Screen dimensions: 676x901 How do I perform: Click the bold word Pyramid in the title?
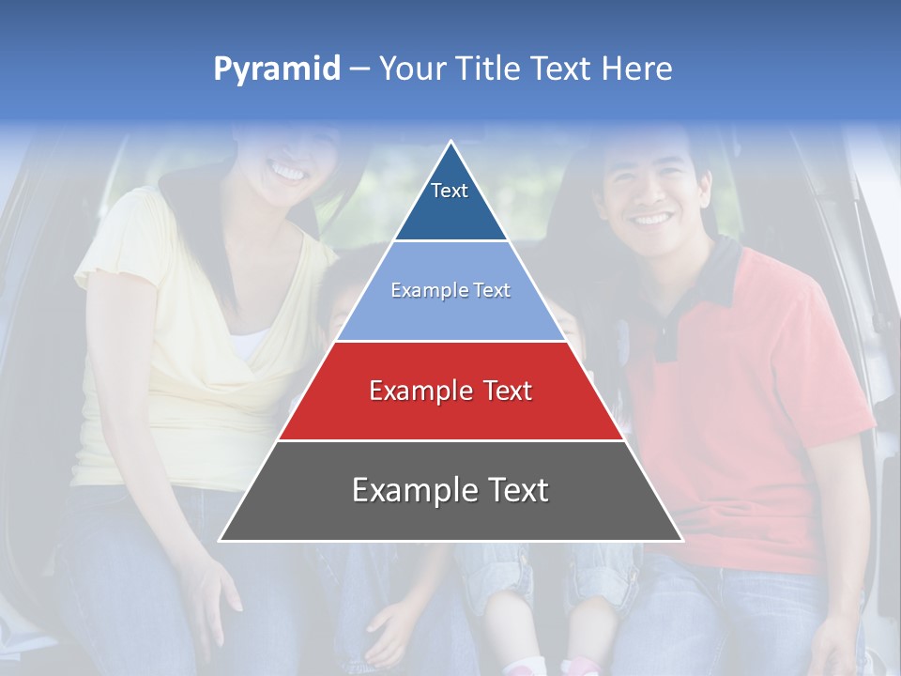click(277, 69)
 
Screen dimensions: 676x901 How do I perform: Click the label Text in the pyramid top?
click(450, 191)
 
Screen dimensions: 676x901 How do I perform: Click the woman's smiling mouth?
click(286, 173)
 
